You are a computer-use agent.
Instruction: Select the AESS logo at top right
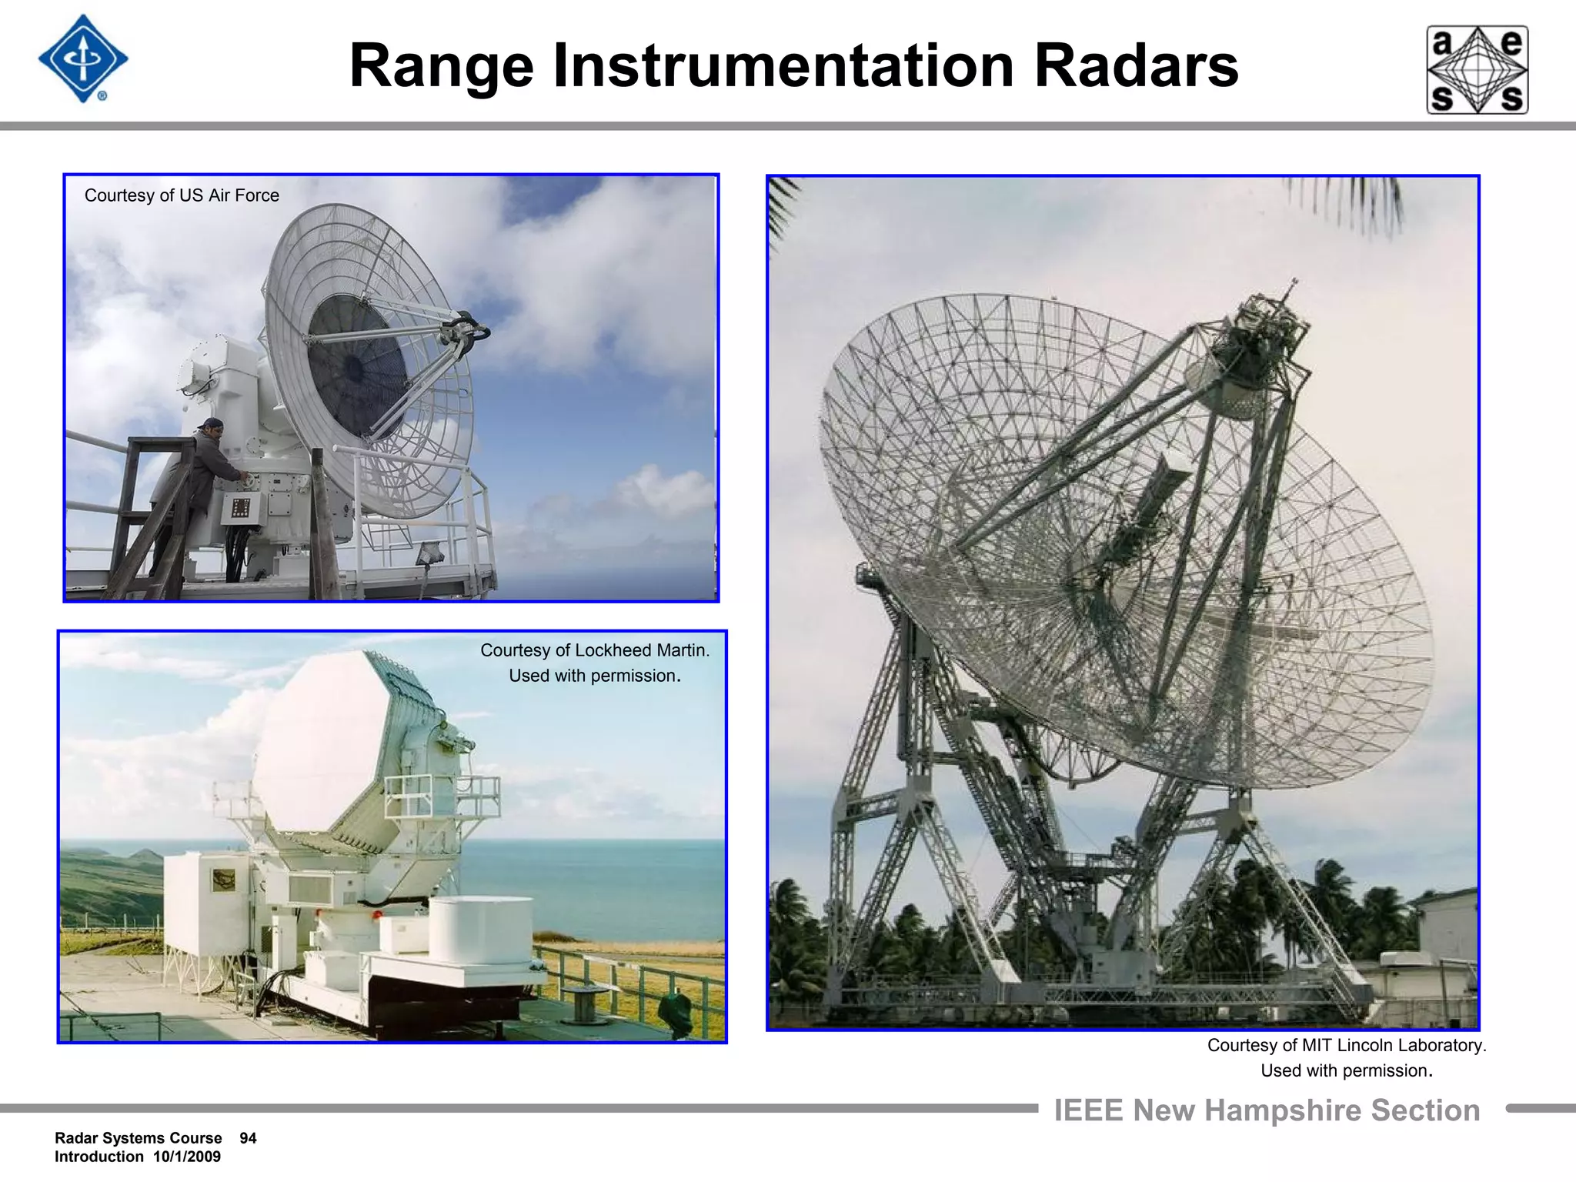point(1477,70)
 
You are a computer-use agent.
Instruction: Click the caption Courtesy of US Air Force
point(182,195)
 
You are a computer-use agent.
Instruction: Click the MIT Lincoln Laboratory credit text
point(1392,1045)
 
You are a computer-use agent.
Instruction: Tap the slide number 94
point(248,1138)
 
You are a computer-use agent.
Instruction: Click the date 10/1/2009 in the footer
point(186,1157)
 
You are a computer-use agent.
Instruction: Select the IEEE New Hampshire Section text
point(1267,1110)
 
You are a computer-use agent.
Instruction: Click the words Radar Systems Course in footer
point(139,1138)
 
